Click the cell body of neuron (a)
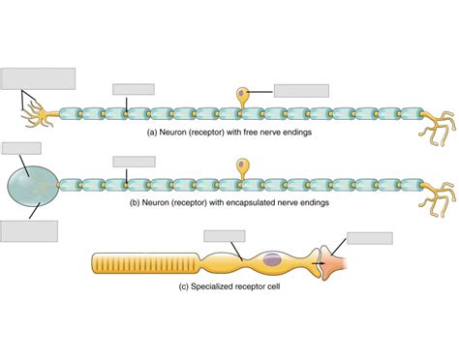[x=242, y=96]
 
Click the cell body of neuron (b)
[x=242, y=165]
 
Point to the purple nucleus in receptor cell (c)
[x=272, y=259]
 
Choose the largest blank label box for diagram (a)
[x=38, y=78]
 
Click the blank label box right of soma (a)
[x=301, y=91]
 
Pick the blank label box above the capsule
[x=21, y=149]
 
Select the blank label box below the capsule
[x=29, y=231]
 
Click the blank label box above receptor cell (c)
[x=225, y=235]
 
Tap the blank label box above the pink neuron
[x=369, y=238]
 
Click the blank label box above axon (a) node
[x=133, y=89]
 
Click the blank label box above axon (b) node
[x=134, y=161]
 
